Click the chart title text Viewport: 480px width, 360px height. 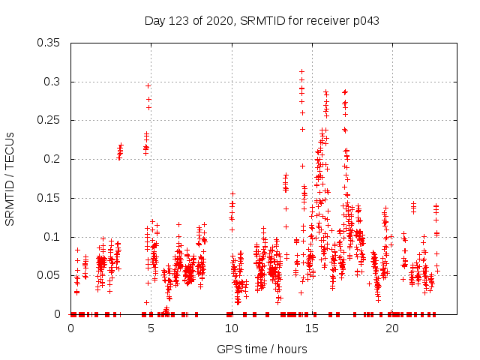(x=262, y=20)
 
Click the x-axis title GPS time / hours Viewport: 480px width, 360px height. (x=262, y=349)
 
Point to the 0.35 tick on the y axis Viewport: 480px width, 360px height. (x=50, y=43)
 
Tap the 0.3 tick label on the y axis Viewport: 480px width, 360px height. (x=53, y=82)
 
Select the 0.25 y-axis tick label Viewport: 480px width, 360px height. (x=50, y=120)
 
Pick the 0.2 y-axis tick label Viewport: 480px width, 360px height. (x=53, y=159)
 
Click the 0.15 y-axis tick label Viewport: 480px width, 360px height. (x=50, y=198)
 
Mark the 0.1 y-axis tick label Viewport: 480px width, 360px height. (x=53, y=237)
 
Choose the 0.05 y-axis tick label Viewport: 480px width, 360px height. (x=50, y=275)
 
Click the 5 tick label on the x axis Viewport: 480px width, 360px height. (x=151, y=328)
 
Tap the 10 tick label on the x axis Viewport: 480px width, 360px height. (x=232, y=328)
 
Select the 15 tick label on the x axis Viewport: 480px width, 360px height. (x=312, y=328)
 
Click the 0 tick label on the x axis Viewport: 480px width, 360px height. (x=70, y=328)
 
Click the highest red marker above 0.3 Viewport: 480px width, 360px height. (x=301, y=71)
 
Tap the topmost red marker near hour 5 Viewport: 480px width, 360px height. (x=148, y=85)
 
